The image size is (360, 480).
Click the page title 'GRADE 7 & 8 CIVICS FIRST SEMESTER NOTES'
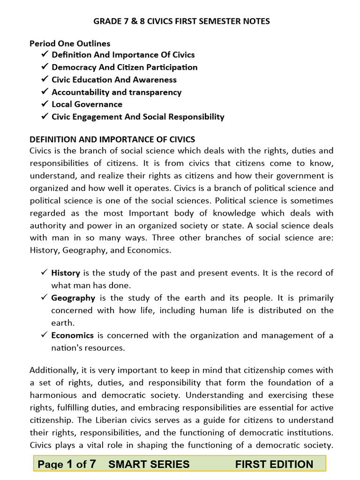click(x=182, y=21)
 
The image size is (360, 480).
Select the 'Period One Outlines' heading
click(x=70, y=44)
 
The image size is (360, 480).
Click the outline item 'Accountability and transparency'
click(x=116, y=92)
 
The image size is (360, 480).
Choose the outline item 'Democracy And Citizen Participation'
click(x=124, y=67)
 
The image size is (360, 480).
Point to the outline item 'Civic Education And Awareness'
click(x=114, y=80)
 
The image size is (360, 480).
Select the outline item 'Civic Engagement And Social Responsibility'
click(x=138, y=117)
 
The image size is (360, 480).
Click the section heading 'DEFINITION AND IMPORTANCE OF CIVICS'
click(x=112, y=139)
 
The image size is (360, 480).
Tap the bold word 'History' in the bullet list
click(x=66, y=273)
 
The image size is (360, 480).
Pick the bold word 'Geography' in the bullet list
click(x=73, y=298)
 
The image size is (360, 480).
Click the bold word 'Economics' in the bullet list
click(x=73, y=335)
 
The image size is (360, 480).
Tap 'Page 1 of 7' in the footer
click(x=67, y=464)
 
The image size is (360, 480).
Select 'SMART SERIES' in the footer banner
click(x=149, y=464)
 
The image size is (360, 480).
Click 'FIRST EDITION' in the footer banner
click(x=274, y=464)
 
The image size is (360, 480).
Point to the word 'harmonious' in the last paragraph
click(x=52, y=395)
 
